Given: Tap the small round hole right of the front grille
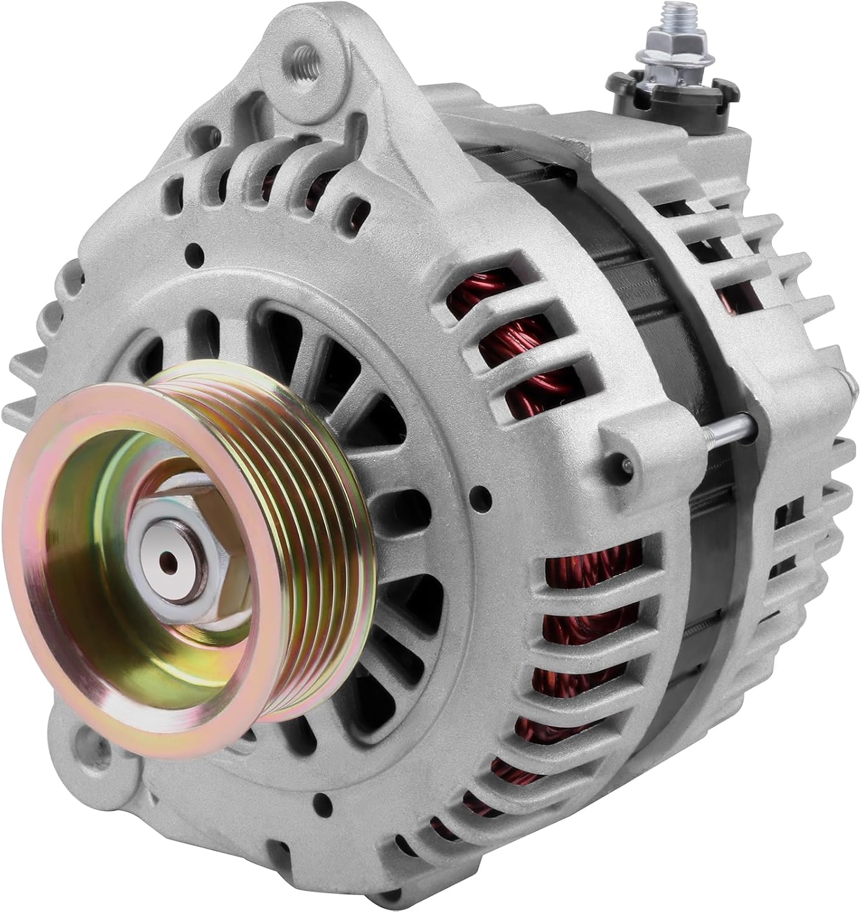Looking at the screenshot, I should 483,493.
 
